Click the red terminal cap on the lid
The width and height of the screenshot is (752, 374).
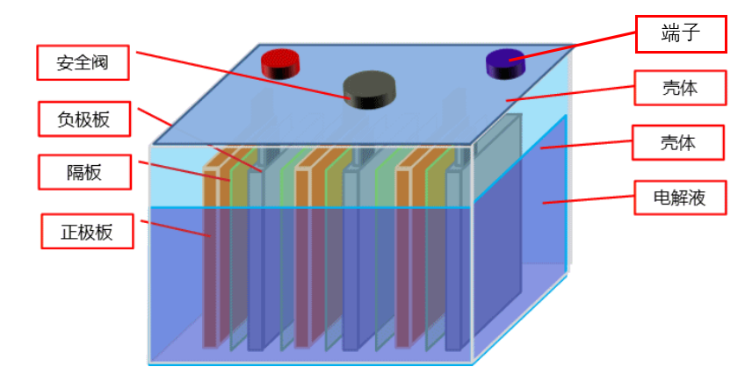pyautogui.click(x=280, y=62)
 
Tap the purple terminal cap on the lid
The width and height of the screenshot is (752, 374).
pyautogui.click(x=506, y=61)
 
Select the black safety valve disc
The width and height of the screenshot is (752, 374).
pyautogui.click(x=370, y=89)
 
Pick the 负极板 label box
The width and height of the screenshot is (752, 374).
pyautogui.click(x=84, y=119)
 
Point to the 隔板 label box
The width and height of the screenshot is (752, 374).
pyautogui.click(x=84, y=172)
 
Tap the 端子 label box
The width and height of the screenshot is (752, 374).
pyautogui.click(x=681, y=35)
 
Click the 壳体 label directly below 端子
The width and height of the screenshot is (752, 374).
pyautogui.click(x=681, y=89)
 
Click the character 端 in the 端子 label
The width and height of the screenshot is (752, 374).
pyautogui.click(x=671, y=35)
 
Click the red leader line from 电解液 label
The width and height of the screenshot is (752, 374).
pyautogui.click(x=589, y=200)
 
